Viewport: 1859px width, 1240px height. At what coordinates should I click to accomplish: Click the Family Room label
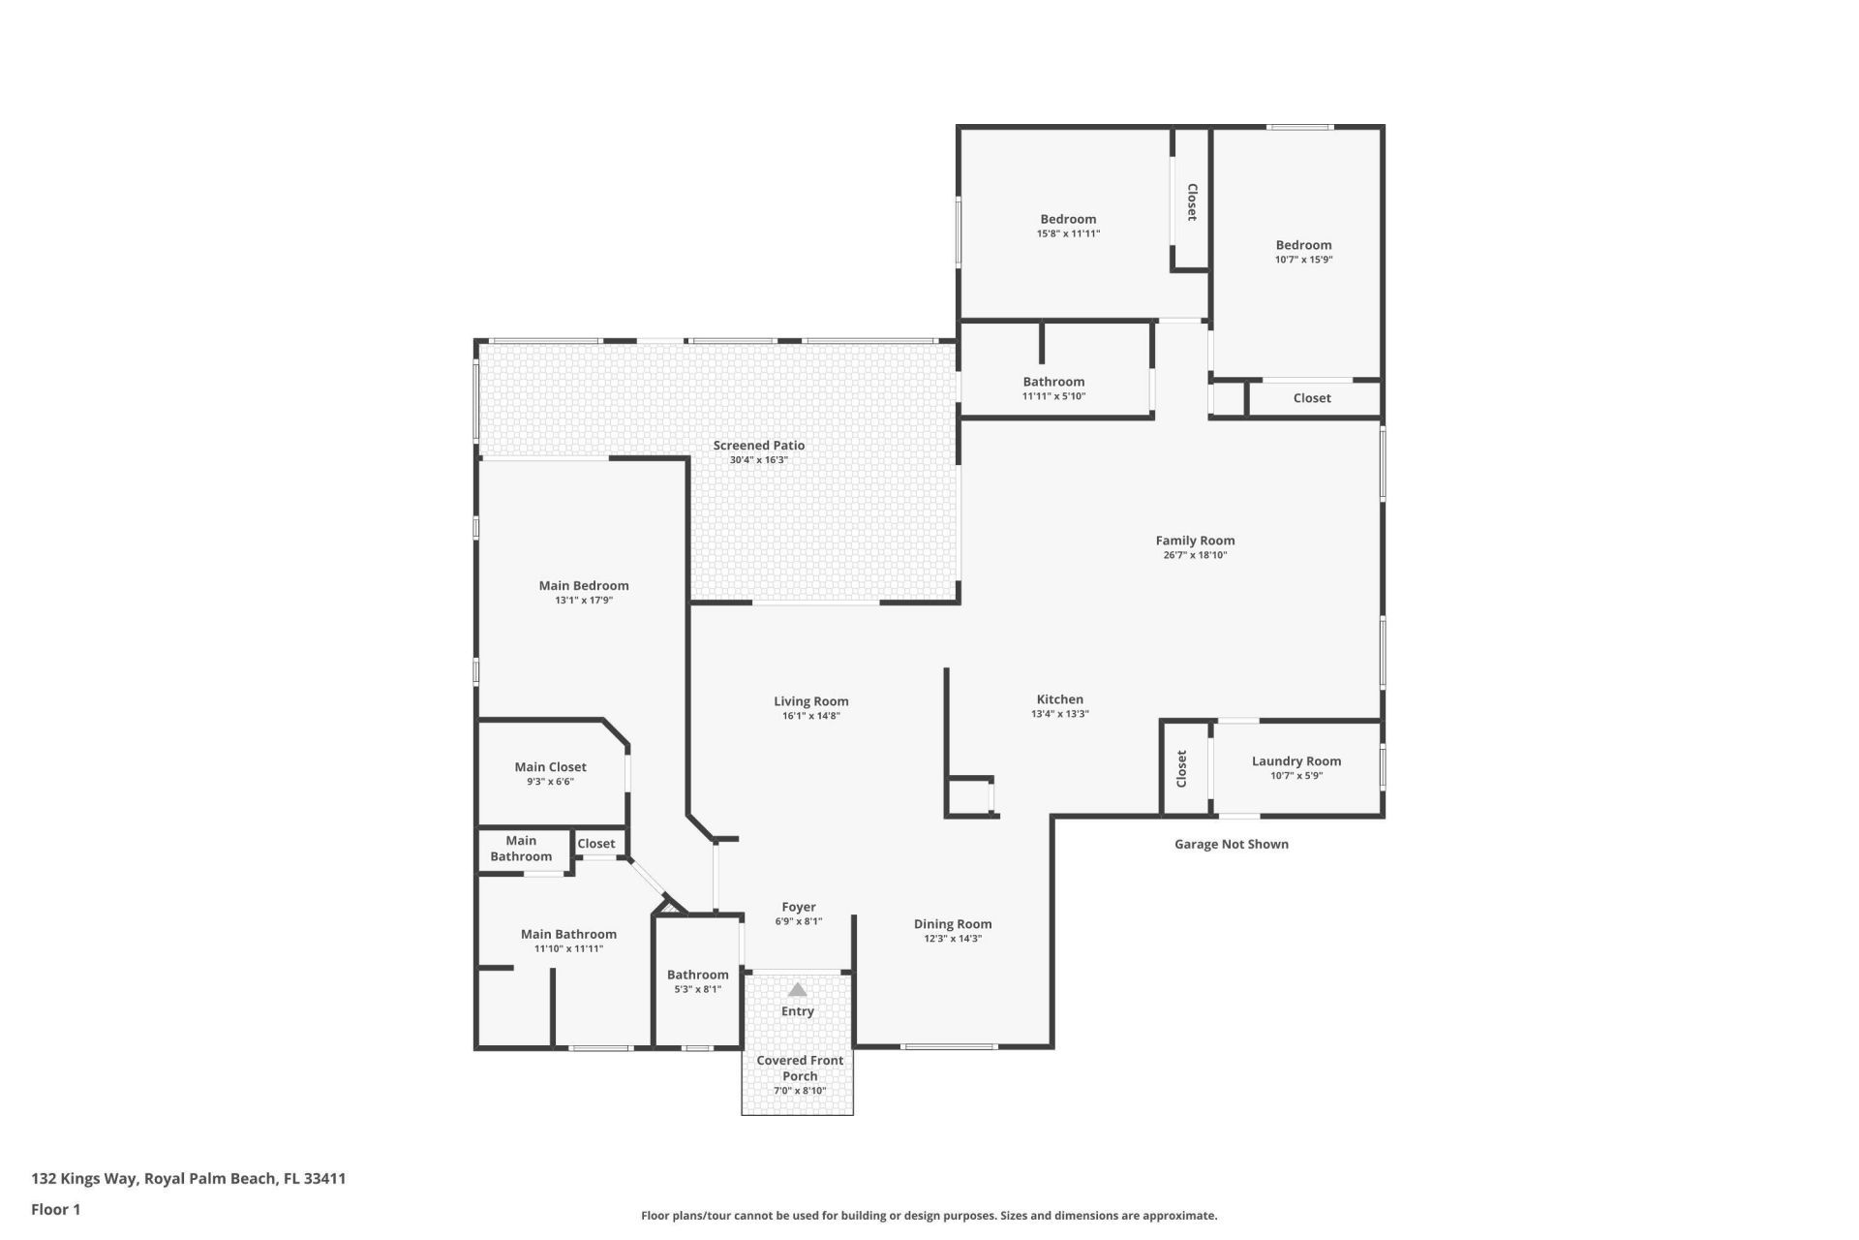tap(1195, 541)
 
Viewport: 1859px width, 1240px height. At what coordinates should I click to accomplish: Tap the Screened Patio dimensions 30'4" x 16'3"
tap(758, 460)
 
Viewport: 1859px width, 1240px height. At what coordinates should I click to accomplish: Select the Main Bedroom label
tap(584, 585)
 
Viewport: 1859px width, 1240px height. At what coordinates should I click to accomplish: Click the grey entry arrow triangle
tap(797, 990)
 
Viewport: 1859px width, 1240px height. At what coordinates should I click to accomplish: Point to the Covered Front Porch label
tap(800, 1068)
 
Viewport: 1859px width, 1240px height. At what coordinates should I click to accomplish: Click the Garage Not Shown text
tap(1231, 844)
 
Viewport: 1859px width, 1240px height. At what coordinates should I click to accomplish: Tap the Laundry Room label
tap(1295, 761)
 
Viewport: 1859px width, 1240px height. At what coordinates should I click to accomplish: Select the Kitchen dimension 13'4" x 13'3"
tap(1059, 714)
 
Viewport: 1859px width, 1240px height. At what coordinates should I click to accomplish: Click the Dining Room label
tap(953, 924)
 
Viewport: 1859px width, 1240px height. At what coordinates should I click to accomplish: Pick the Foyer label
tap(799, 908)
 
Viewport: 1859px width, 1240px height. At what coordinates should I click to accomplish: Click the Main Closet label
tap(550, 767)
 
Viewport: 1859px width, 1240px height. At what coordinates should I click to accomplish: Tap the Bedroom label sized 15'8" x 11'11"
tap(1068, 219)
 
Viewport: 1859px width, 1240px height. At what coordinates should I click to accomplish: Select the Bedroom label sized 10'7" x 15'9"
tap(1303, 245)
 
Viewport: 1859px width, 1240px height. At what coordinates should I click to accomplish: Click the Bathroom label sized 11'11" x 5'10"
tap(1053, 382)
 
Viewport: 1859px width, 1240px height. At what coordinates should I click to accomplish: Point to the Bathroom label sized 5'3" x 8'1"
tap(697, 975)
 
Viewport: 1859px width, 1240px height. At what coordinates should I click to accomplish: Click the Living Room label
tap(810, 701)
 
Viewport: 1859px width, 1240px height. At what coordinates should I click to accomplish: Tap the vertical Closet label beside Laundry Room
tap(1182, 769)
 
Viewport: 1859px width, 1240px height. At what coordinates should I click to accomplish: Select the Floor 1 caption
tap(55, 1209)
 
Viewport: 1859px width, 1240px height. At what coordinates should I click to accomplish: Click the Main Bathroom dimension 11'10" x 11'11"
tap(568, 949)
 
